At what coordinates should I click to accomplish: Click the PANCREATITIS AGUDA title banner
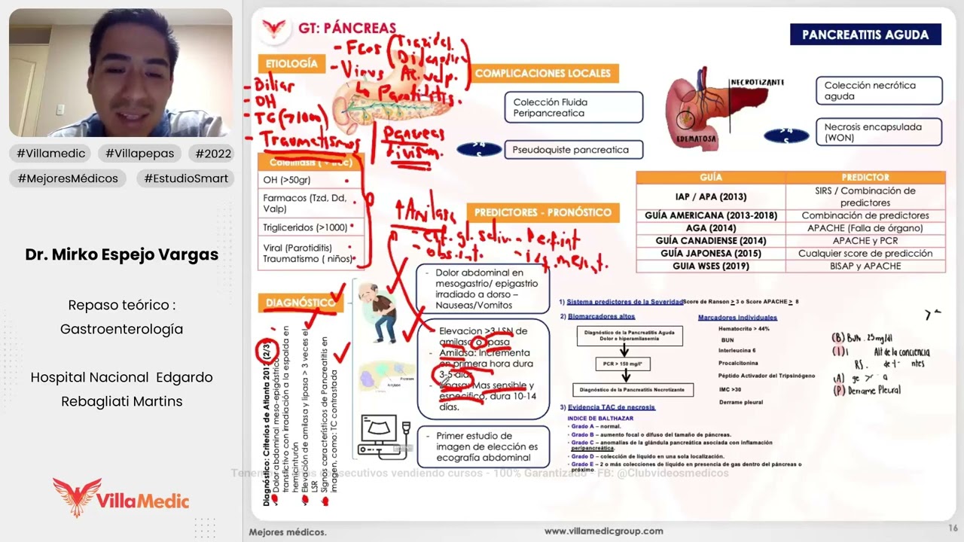(x=865, y=35)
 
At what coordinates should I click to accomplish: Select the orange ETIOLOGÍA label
(x=291, y=64)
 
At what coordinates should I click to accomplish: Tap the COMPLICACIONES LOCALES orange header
(x=542, y=73)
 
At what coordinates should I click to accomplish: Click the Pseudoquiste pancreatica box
(x=572, y=150)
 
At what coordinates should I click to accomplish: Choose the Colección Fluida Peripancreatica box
(x=573, y=108)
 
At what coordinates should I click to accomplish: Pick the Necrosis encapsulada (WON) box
(x=878, y=132)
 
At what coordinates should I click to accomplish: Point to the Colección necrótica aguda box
(x=878, y=91)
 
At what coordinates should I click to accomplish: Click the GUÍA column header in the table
(x=711, y=178)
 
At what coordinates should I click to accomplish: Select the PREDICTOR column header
(x=865, y=178)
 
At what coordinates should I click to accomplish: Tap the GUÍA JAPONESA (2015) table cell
(x=711, y=254)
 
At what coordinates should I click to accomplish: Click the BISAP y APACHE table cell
(x=865, y=266)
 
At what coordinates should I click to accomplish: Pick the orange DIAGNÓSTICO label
(x=300, y=303)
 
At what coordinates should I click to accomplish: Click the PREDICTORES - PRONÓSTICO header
(x=543, y=213)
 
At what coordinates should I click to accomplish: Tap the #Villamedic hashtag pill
(x=50, y=154)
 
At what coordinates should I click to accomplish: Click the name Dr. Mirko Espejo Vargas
(x=122, y=254)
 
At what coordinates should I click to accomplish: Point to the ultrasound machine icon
(x=383, y=436)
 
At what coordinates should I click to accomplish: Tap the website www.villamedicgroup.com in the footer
(x=603, y=531)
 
